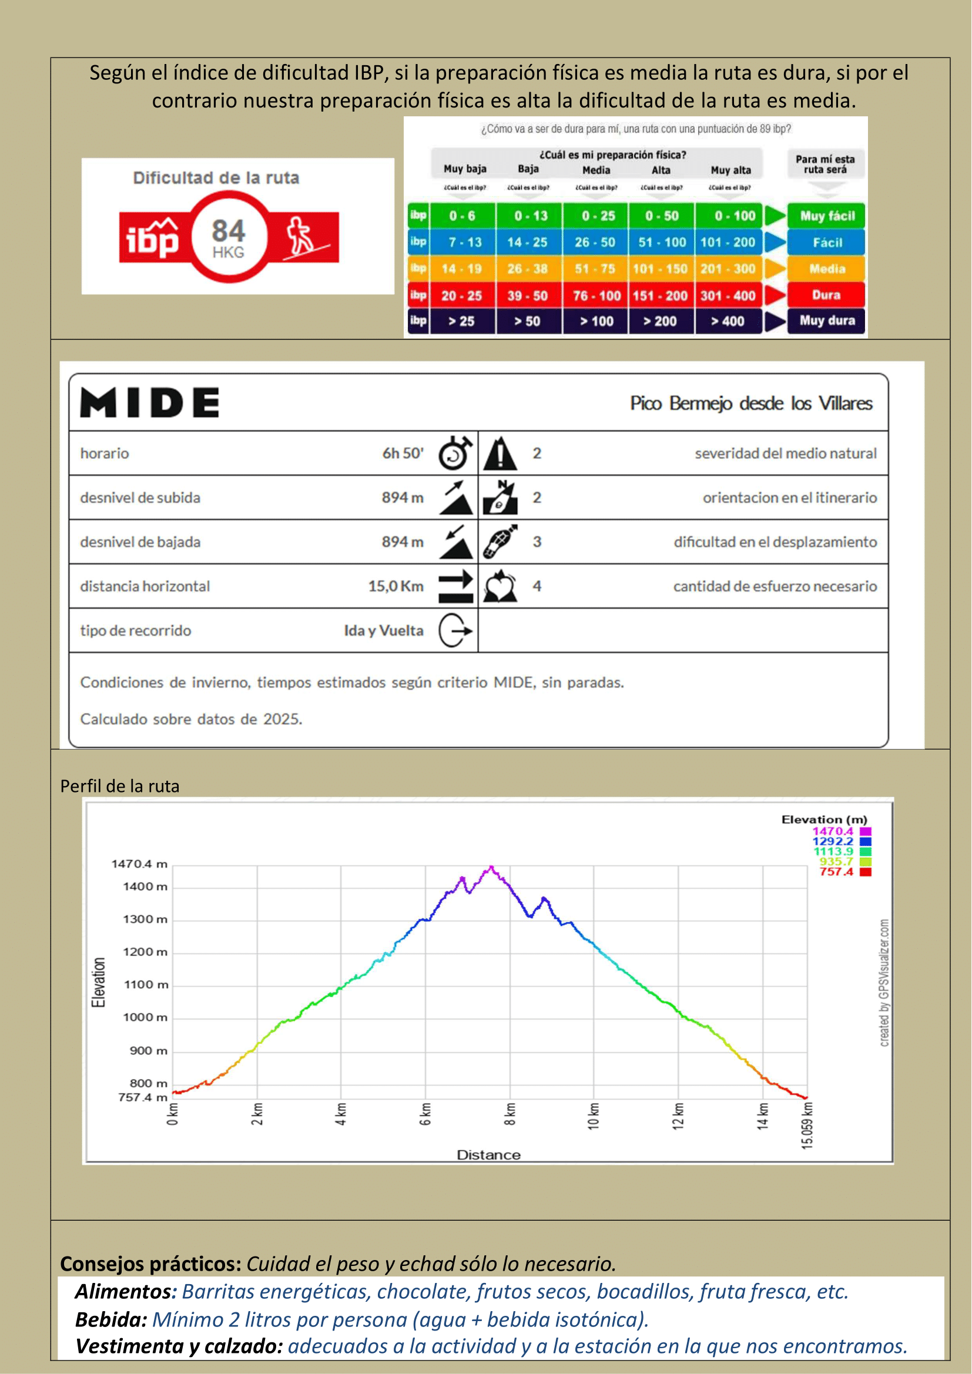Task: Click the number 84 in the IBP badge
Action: (228, 231)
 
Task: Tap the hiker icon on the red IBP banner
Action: (301, 236)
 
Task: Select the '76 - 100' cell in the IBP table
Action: (596, 295)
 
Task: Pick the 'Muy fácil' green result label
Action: (827, 216)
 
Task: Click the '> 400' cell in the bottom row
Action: (727, 321)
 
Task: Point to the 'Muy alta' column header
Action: (730, 170)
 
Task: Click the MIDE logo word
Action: (150, 402)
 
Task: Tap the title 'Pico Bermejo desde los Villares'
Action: (750, 404)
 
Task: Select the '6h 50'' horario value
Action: (403, 453)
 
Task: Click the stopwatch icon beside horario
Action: (455, 453)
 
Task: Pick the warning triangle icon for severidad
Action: (500, 453)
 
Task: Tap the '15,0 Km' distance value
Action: (395, 586)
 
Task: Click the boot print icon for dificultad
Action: (500, 542)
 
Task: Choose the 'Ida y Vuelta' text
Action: (384, 631)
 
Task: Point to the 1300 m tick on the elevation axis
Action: (145, 919)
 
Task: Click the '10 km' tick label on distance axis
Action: (593, 1116)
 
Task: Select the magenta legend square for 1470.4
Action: (865, 831)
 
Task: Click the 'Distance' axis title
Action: (488, 1155)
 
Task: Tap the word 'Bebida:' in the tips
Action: (111, 1319)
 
